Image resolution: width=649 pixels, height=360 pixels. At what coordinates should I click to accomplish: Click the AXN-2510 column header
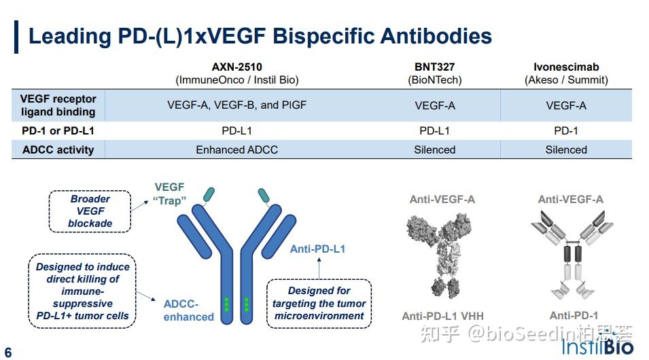point(236,73)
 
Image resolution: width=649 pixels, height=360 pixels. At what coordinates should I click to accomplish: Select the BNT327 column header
point(435,73)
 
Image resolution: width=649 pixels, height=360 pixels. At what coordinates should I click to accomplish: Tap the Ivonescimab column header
point(566,73)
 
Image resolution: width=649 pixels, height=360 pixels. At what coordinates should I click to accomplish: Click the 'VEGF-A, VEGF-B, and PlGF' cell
point(236,105)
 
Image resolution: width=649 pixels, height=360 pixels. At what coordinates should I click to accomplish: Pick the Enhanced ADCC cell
point(236,150)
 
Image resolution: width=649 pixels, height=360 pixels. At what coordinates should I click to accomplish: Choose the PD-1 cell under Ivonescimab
point(566,131)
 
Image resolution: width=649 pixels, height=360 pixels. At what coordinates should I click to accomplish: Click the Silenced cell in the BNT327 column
point(435,150)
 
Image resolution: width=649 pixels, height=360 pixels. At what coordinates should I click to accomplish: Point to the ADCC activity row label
point(58,150)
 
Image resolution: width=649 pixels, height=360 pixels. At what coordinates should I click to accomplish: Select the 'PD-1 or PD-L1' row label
point(58,131)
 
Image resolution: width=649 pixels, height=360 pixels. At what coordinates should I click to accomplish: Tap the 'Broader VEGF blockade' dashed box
point(90,211)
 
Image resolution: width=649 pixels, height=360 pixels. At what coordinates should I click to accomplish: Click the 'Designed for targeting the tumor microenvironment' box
point(319,304)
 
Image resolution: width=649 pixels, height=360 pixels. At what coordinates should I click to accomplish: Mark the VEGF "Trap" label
point(170,194)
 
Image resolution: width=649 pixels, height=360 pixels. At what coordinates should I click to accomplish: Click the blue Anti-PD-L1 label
point(317,249)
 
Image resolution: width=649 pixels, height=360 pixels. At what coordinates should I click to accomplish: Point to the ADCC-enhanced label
point(189,310)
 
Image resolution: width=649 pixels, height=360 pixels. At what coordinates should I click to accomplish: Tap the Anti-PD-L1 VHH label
point(443,316)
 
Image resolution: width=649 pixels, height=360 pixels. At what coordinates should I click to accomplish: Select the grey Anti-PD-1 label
point(574,316)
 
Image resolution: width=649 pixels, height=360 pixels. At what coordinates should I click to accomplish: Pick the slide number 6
point(8,353)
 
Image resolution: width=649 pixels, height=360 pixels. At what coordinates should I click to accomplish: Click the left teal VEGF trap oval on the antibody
point(209,194)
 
